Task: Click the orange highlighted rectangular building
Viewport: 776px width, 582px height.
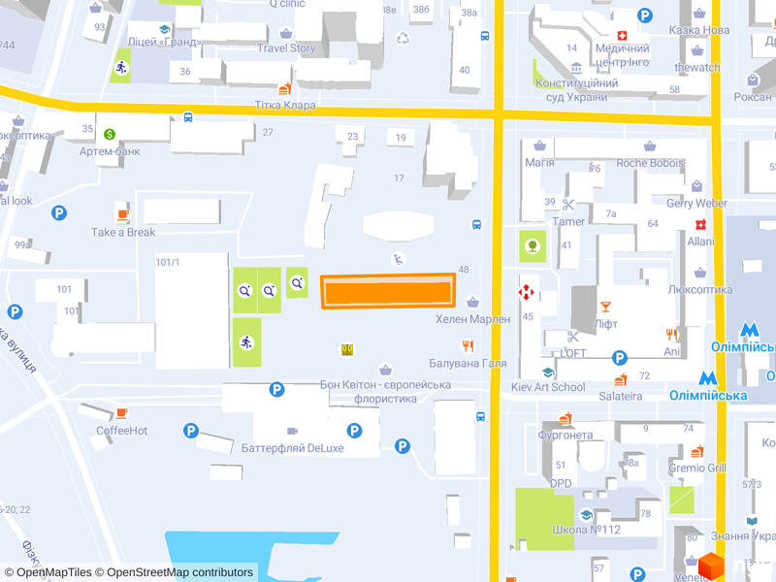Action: pyautogui.click(x=388, y=291)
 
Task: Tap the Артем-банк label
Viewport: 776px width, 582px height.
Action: pyautogui.click(x=110, y=151)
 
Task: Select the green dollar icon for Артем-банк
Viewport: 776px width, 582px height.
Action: pyautogui.click(x=110, y=134)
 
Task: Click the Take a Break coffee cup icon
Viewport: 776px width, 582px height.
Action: pyautogui.click(x=123, y=214)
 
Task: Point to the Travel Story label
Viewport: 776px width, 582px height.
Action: pyautogui.click(x=286, y=48)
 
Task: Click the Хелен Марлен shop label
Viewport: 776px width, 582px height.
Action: pyautogui.click(x=472, y=319)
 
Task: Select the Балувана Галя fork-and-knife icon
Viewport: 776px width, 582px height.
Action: pyautogui.click(x=469, y=345)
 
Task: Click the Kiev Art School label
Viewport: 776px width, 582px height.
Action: pyautogui.click(x=548, y=387)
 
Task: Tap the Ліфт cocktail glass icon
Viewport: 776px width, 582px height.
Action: pyautogui.click(x=606, y=306)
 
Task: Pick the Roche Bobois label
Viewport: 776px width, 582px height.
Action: pyautogui.click(x=650, y=163)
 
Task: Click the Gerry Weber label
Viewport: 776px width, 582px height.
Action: pyautogui.click(x=696, y=203)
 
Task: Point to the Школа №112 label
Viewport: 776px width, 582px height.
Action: pyautogui.click(x=586, y=531)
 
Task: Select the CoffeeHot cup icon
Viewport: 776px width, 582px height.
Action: pyautogui.click(x=121, y=412)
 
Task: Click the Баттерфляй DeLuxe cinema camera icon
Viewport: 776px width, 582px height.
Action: pyautogui.click(x=292, y=430)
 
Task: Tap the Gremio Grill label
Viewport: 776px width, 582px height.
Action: pyautogui.click(x=696, y=468)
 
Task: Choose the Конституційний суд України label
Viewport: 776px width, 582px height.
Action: pyautogui.click(x=577, y=89)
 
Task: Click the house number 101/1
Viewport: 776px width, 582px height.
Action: pyautogui.click(x=168, y=262)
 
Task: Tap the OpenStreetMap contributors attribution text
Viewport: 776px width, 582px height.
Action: pyautogui.click(x=179, y=572)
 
